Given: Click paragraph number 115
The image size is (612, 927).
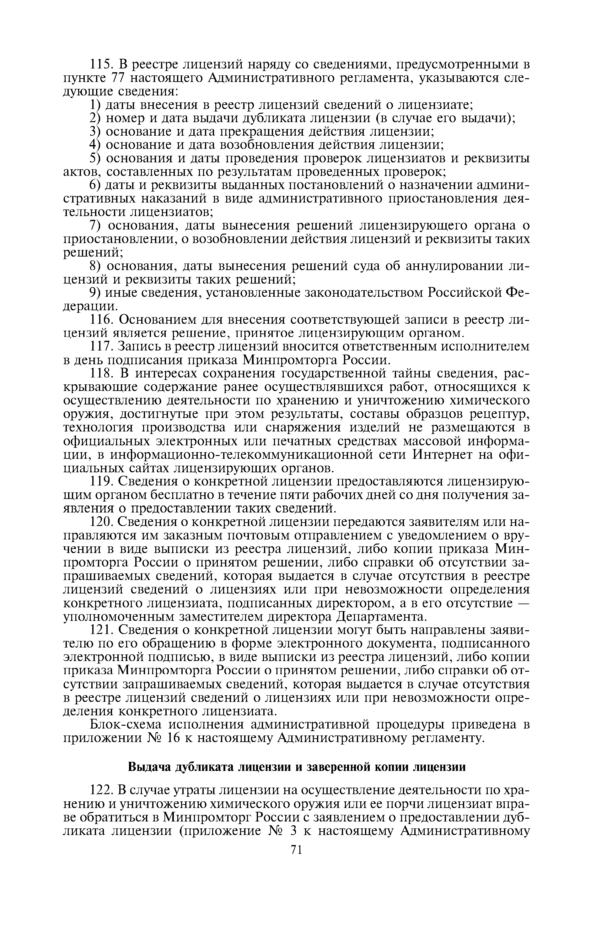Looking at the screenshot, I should (101, 64).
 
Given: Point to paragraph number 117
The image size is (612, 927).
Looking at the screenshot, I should (101, 346).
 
